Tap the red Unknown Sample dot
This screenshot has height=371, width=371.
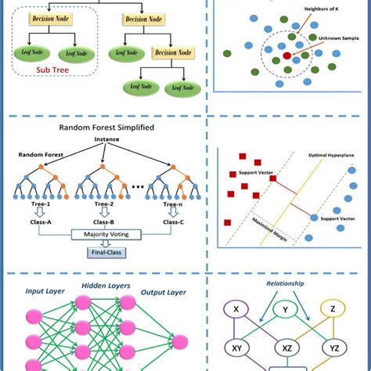287,56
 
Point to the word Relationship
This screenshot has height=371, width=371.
286,284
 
